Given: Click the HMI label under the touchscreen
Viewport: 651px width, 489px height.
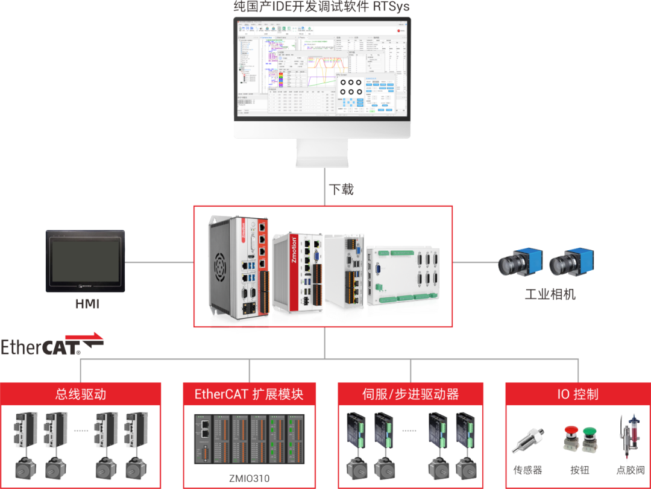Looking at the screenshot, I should point(87,305).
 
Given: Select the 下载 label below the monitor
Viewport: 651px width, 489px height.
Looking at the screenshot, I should point(341,189).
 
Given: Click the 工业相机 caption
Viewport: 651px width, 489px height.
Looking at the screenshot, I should point(550,295).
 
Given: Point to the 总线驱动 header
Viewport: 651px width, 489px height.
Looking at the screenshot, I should point(81,394).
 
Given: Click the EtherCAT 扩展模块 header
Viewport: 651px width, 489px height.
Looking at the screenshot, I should point(248,394).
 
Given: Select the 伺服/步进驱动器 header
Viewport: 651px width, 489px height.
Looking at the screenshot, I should point(410,394).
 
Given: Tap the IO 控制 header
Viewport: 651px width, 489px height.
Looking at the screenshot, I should point(577,394).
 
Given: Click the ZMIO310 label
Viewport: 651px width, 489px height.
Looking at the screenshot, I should point(249,478).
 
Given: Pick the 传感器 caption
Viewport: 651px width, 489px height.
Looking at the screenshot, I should point(527,470).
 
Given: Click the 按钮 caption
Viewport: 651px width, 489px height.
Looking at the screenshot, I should point(579,470).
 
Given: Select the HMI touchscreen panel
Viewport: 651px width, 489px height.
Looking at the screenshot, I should point(86,260).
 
